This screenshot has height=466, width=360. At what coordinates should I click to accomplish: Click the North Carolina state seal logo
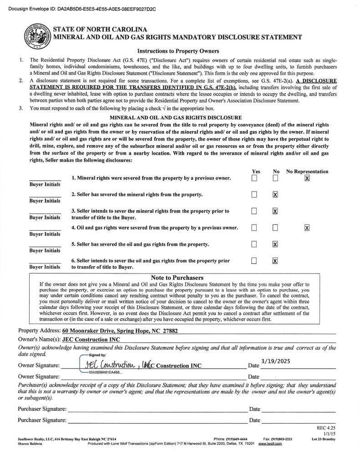(37, 36)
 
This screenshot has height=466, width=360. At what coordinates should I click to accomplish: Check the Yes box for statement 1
(254, 178)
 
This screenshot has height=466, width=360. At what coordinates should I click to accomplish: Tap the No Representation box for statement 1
(307, 178)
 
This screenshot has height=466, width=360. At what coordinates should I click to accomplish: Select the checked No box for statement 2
(275, 195)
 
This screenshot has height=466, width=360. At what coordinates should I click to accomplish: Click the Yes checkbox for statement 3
(254, 211)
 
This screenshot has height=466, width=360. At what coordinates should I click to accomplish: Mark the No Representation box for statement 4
(307, 228)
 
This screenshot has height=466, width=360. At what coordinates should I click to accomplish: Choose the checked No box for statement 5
(275, 244)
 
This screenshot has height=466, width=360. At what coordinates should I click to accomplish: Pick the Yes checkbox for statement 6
(254, 261)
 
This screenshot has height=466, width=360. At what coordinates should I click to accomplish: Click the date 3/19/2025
(275, 361)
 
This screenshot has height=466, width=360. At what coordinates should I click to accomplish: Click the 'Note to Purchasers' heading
(177, 278)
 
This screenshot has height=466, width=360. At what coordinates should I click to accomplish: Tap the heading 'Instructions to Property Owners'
(178, 51)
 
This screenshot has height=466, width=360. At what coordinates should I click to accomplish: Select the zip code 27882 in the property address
(168, 331)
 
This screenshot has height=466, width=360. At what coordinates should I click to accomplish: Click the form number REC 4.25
(326, 428)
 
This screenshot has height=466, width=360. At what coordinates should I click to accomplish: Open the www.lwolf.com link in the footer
(270, 444)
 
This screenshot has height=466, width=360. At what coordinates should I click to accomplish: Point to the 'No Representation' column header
(307, 172)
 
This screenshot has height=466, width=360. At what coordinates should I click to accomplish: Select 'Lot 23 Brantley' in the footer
(324, 439)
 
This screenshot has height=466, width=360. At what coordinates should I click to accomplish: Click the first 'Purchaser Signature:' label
(42, 409)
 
